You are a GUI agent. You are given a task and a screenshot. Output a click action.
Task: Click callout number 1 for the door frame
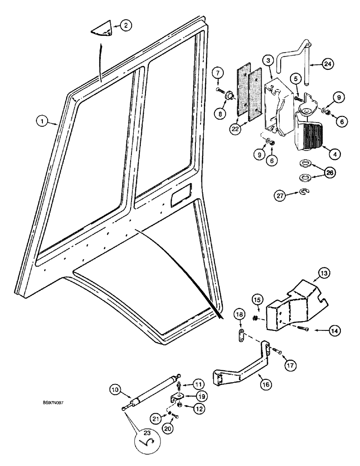42,109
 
